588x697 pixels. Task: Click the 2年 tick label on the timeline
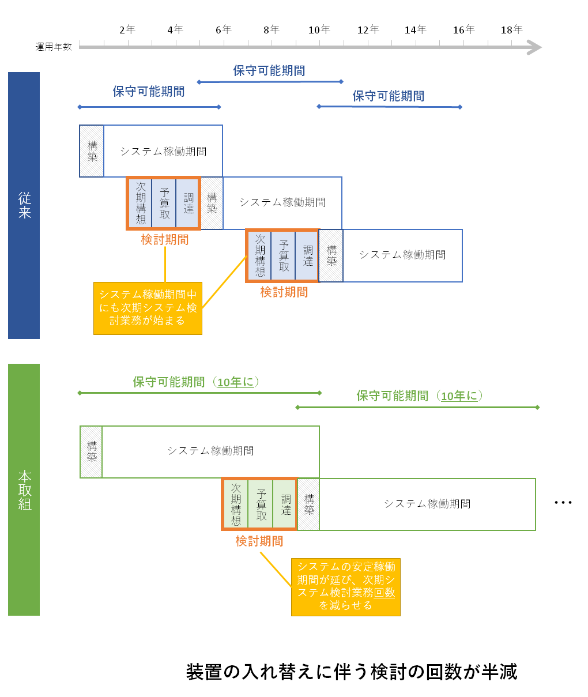[x=127, y=30]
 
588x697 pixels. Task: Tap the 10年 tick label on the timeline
[x=319, y=30]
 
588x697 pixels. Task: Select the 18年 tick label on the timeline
[x=511, y=30]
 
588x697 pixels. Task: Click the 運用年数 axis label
[x=54, y=47]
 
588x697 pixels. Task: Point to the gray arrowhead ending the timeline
[x=534, y=47]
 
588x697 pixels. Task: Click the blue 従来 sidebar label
[x=24, y=205]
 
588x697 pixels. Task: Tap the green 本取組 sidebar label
[x=24, y=489]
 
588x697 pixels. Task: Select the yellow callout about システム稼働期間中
[x=148, y=308]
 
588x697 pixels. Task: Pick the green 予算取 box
[x=261, y=504]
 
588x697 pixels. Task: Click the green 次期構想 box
[x=236, y=504]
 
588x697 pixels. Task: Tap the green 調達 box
[x=285, y=504]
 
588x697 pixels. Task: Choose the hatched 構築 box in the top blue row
[x=92, y=151]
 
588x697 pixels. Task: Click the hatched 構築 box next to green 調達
[x=308, y=504]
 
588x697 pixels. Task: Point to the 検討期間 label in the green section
[x=259, y=541]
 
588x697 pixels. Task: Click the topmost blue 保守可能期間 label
[x=269, y=71]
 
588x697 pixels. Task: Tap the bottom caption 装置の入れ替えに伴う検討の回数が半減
[x=352, y=672]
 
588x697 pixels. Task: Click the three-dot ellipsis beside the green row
[x=563, y=502]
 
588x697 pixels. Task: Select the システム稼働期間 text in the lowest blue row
[x=403, y=255]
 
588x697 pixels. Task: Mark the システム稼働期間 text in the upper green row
[x=210, y=451]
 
